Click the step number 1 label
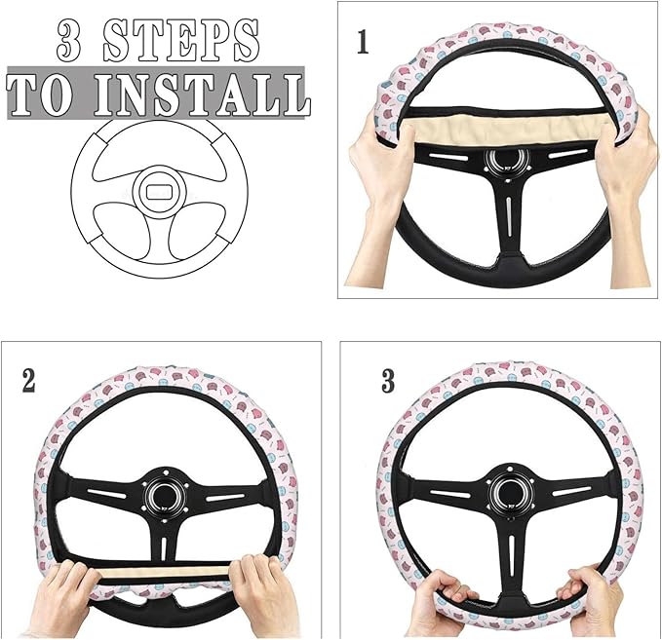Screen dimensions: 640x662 [363, 44]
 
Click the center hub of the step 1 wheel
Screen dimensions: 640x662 [504, 161]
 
